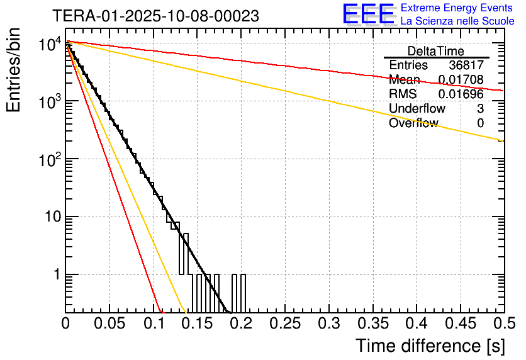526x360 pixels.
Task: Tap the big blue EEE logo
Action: [369, 14]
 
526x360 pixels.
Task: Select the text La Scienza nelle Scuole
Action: [457, 21]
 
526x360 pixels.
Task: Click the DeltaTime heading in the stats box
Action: [436, 51]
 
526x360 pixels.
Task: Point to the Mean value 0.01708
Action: [461, 80]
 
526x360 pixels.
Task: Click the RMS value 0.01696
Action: [461, 94]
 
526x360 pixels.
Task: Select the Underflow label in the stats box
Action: [417, 109]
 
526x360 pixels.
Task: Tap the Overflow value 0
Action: [480, 123]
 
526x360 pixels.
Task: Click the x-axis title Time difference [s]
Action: [430, 346]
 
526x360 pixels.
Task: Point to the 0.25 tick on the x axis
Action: [285, 323]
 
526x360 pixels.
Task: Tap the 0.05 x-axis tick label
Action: [109, 323]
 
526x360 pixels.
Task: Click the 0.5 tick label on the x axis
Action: [503, 323]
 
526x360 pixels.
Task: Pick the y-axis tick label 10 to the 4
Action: [48, 45]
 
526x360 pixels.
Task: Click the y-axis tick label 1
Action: [55, 276]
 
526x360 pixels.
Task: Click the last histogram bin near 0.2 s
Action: [243, 293]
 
